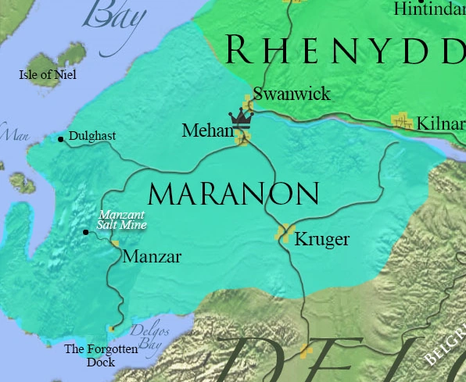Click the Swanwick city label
point(292,95)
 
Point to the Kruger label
point(321,239)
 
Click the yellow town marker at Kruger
point(284,232)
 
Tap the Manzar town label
point(152,256)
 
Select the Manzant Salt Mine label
point(121,220)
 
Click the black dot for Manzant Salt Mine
point(86,232)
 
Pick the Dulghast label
point(92,136)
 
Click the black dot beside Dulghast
point(61,140)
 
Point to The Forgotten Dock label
point(101,355)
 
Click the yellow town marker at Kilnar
point(403,120)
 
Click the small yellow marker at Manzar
point(116,244)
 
